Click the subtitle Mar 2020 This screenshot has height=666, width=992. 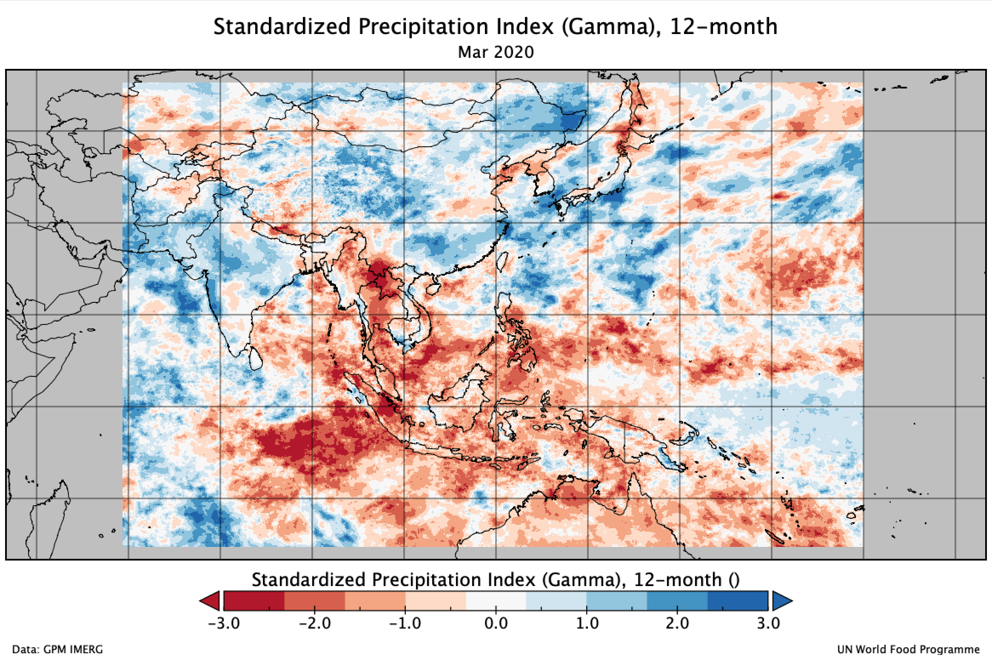pyautogui.click(x=496, y=53)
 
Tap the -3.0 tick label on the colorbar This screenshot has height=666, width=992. pyautogui.click(x=224, y=623)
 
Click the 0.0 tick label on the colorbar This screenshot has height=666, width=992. pyautogui.click(x=496, y=623)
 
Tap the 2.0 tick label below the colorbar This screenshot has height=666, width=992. pyautogui.click(x=677, y=623)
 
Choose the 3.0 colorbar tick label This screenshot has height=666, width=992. pyautogui.click(x=768, y=623)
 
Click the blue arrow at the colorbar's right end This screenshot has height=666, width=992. pyautogui.click(x=781, y=601)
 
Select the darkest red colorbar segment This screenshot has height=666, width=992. pyautogui.click(x=254, y=601)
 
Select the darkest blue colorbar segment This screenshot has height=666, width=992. pyautogui.click(x=738, y=601)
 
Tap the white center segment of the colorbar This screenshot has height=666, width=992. pyautogui.click(x=496, y=601)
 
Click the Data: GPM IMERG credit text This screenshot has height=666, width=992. pyautogui.click(x=57, y=650)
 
